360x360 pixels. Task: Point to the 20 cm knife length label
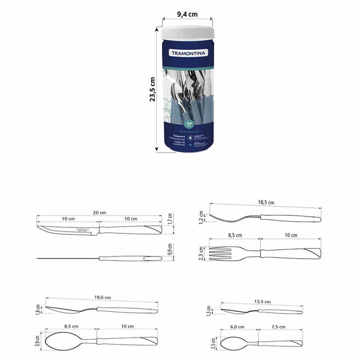100,212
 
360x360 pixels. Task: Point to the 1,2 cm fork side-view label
202,216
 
